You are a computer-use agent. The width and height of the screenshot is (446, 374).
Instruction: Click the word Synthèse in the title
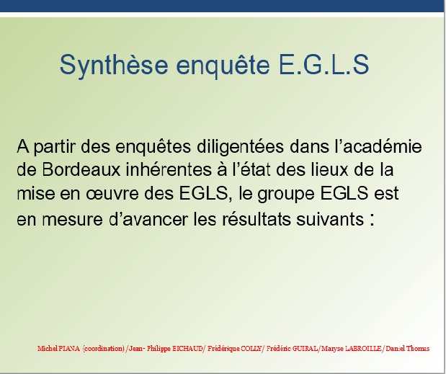click(114, 65)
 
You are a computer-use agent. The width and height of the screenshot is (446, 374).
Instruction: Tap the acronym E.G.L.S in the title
click(324, 65)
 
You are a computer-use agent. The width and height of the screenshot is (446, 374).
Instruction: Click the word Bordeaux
click(81, 169)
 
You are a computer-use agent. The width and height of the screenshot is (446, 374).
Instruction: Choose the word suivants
click(330, 219)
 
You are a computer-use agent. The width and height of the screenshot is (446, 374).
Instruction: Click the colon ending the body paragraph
click(372, 220)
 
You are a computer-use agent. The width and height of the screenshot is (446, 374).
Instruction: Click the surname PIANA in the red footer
click(70, 348)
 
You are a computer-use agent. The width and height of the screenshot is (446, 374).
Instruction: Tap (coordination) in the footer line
click(104, 349)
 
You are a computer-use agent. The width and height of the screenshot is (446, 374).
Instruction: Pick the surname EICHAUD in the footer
click(188, 348)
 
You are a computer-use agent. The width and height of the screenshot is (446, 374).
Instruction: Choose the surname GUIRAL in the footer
click(305, 348)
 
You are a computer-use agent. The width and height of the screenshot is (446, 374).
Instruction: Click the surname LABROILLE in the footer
click(363, 348)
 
